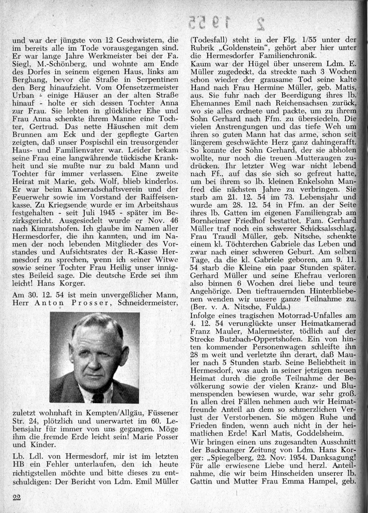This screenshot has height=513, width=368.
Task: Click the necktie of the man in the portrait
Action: click(98, 396)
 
